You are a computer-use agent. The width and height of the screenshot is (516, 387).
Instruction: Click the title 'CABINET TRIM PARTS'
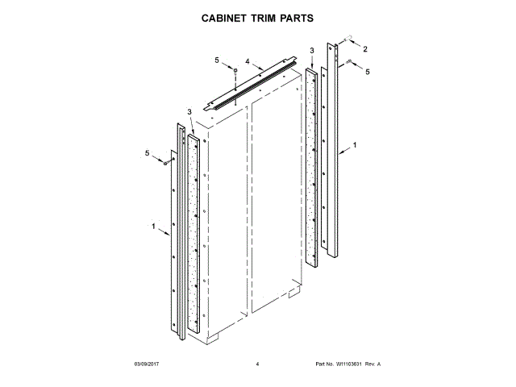(x=257, y=17)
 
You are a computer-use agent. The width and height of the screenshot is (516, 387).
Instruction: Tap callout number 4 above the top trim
(x=248, y=60)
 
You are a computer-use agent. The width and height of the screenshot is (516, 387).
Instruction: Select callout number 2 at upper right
(x=364, y=50)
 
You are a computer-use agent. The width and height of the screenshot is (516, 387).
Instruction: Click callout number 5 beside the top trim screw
(x=216, y=60)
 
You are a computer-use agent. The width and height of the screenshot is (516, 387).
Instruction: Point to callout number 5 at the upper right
(x=368, y=73)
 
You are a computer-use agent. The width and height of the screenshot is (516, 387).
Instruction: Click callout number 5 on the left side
(x=148, y=153)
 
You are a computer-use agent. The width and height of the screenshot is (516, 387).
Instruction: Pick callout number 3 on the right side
(x=312, y=51)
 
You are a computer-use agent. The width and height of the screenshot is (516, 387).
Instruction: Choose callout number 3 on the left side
(x=189, y=111)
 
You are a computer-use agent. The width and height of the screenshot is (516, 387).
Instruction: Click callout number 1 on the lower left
(x=153, y=227)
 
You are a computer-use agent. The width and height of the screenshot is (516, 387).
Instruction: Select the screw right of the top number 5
(x=234, y=72)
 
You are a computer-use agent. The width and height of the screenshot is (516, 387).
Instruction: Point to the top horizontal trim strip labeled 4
(x=250, y=81)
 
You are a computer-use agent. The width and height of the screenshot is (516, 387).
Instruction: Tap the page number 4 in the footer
(x=256, y=364)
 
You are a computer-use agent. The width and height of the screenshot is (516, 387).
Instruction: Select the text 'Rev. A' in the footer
(x=372, y=364)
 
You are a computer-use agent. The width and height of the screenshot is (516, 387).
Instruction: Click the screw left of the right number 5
(x=348, y=61)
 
